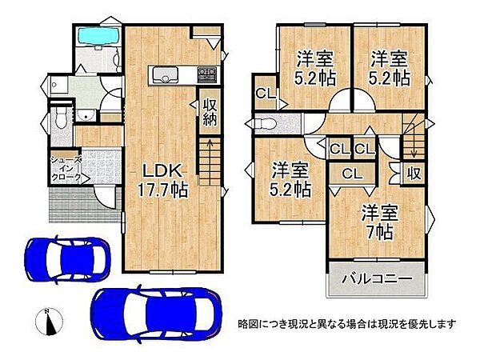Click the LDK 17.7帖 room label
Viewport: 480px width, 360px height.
[x=165, y=180]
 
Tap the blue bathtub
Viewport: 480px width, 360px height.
[x=96, y=36]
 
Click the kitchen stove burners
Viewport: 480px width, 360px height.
[x=206, y=74]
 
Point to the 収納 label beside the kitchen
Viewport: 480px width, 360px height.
[x=210, y=112]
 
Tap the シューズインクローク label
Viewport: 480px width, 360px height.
[x=66, y=168]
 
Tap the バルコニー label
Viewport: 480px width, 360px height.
[x=378, y=279]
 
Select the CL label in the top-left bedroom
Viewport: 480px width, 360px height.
[x=263, y=94]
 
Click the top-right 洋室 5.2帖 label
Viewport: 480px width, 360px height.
[x=390, y=68]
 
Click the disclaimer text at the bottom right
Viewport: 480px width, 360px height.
[x=346, y=324]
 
